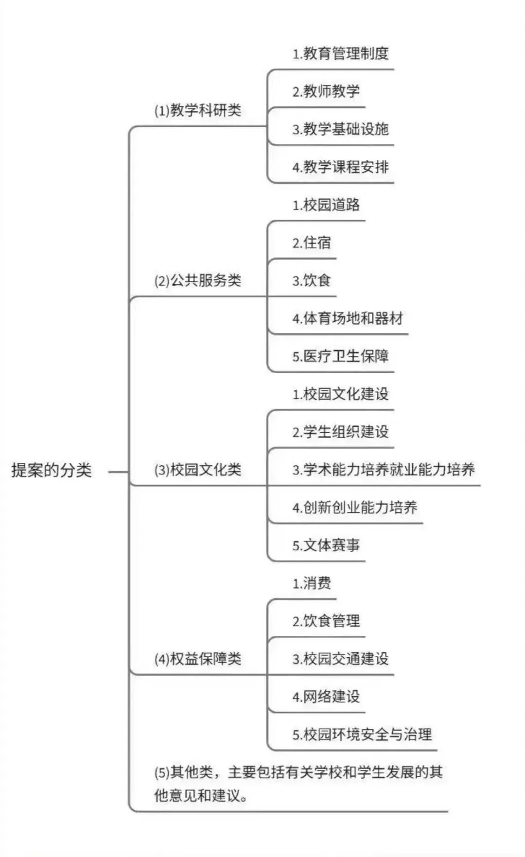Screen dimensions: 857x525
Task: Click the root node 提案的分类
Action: (x=52, y=470)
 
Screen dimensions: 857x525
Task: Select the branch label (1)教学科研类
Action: (x=198, y=110)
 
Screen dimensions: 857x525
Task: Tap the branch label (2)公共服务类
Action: (x=198, y=280)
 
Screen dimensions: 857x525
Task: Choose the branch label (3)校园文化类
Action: (x=198, y=470)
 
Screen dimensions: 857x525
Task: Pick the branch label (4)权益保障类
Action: (x=198, y=659)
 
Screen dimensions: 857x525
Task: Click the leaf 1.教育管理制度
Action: (x=340, y=53)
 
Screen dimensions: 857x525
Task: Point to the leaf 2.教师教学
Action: (x=326, y=91)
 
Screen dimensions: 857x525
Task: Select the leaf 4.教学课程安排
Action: (x=340, y=167)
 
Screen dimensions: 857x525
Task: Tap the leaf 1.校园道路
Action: (x=326, y=205)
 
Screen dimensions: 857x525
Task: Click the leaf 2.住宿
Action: (x=311, y=243)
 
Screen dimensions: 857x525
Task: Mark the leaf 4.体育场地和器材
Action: (x=348, y=318)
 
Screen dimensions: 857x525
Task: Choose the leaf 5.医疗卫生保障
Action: (x=340, y=356)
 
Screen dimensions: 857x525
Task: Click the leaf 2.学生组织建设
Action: (x=340, y=432)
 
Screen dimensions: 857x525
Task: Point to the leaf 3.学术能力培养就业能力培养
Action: (x=384, y=470)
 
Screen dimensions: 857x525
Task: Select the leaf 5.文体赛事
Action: (x=326, y=545)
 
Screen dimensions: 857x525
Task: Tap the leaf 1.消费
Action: (x=311, y=583)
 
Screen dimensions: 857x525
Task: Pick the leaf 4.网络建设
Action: (x=326, y=697)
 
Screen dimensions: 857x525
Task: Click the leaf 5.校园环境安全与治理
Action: (x=362, y=735)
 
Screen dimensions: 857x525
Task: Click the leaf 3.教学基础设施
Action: (x=340, y=129)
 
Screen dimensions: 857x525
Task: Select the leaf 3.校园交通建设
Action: (x=340, y=659)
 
